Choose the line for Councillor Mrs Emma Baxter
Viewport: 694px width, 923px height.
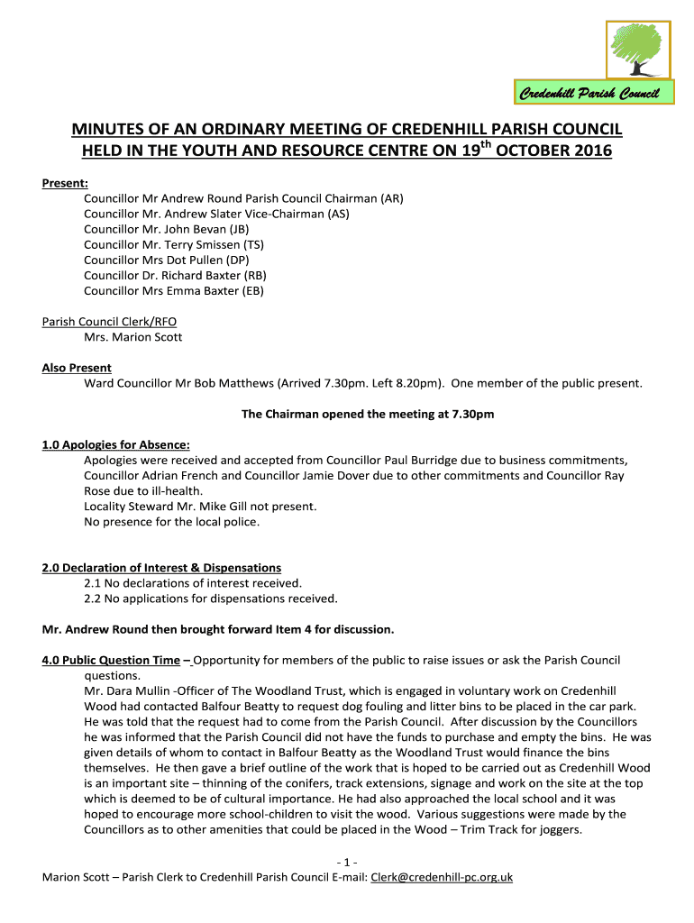point(174,290)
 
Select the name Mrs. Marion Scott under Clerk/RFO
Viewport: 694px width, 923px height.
point(132,337)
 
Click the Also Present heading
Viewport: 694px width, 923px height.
point(77,368)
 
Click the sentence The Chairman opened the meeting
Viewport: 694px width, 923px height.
point(368,415)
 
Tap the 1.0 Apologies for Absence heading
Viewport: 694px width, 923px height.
point(116,445)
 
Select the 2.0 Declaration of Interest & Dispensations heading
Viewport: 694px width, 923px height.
point(161,568)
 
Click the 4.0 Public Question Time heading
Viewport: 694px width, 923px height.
point(111,660)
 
